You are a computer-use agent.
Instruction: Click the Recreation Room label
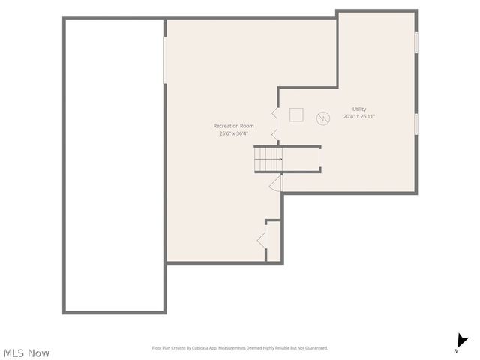click(x=233, y=126)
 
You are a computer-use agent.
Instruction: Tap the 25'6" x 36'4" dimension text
click(x=233, y=133)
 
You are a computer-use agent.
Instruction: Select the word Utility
click(x=359, y=109)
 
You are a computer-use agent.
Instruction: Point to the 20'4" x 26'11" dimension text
click(x=359, y=116)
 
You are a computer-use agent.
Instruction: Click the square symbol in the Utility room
click(x=296, y=115)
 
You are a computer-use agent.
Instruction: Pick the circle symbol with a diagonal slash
click(x=322, y=118)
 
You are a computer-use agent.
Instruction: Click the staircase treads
click(x=267, y=159)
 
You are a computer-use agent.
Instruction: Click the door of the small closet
click(x=261, y=240)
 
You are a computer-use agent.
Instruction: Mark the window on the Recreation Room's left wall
click(x=165, y=60)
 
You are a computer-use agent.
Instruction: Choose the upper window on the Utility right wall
click(x=415, y=42)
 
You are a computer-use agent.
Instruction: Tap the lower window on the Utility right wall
click(x=415, y=123)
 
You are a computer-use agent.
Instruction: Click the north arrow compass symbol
click(x=460, y=343)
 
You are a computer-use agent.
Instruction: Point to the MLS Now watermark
click(x=26, y=352)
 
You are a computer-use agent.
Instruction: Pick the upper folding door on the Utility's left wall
click(x=274, y=113)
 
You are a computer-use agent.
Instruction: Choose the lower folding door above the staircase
click(x=274, y=135)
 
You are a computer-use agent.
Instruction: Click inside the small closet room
click(x=274, y=241)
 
